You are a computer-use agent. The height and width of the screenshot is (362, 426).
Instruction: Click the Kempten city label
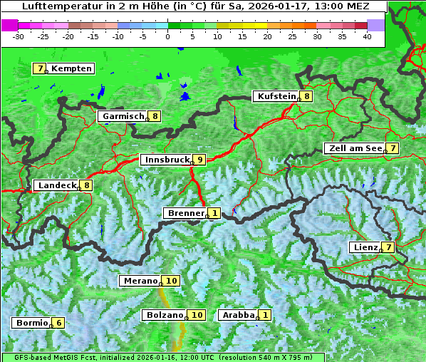tap(71, 68)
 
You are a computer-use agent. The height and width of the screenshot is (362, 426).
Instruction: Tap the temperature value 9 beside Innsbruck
tap(200, 160)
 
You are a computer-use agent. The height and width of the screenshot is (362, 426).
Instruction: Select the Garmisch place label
tap(123, 116)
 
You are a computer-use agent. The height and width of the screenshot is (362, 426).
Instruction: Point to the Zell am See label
tap(353, 148)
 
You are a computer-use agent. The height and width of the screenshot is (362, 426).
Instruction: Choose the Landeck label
tap(57, 185)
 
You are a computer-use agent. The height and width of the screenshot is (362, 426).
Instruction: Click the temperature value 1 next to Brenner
tap(214, 213)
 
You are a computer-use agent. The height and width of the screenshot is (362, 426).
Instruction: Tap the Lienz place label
tap(365, 247)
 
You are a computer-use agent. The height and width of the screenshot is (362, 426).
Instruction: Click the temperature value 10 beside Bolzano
tap(197, 315)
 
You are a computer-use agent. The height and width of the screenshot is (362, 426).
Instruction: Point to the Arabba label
tap(238, 315)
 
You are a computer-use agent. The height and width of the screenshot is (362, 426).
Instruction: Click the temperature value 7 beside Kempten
tap(40, 68)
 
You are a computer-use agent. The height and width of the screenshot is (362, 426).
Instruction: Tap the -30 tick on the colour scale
tap(19, 36)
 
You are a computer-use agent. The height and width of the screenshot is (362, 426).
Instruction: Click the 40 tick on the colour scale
tap(367, 36)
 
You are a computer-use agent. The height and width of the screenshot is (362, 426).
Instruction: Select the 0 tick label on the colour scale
tap(167, 36)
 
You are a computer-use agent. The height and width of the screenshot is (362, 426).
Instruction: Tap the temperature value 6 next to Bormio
tap(58, 323)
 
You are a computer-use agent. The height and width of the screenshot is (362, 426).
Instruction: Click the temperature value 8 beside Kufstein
tap(306, 96)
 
